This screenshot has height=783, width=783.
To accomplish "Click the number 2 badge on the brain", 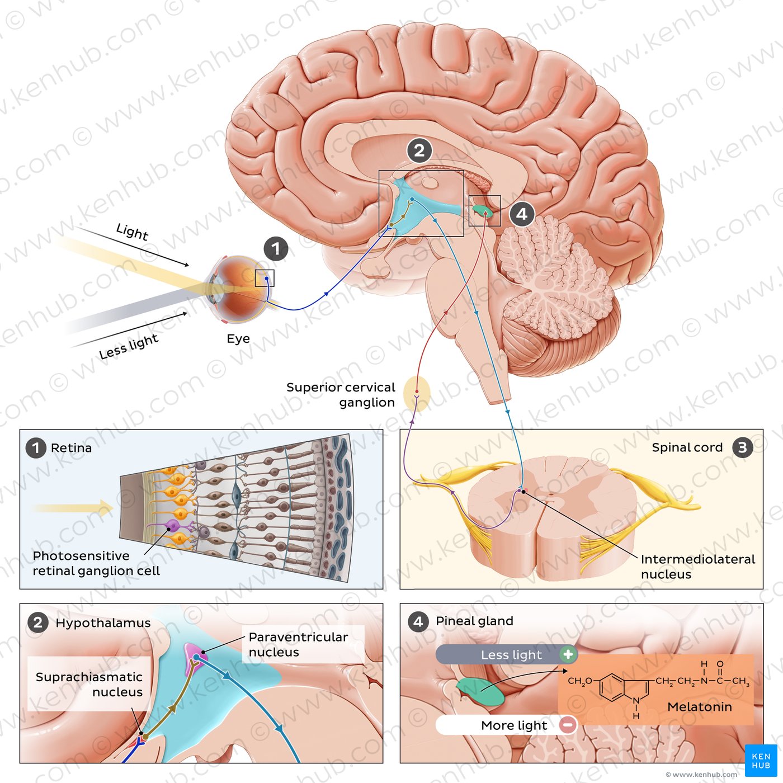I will coord(419,150).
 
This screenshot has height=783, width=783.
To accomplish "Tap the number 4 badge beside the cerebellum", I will coord(522,214).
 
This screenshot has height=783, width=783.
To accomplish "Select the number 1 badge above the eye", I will coord(276,249).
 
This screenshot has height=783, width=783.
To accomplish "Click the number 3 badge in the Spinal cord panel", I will coord(742,447).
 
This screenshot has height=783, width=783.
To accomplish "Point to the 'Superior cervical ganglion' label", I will coord(341,395).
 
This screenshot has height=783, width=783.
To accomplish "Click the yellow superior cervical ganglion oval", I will coord(417,394).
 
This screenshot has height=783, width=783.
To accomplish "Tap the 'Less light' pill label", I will coord(511,655).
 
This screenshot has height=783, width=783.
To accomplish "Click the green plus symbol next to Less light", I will coord(568,654).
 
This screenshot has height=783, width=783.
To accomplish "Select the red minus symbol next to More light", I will coord(568,725).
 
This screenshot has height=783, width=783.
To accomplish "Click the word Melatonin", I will coord(700,707).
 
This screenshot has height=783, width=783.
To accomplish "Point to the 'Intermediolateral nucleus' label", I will coord(697,567).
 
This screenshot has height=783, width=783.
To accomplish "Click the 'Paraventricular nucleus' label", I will coord(298,644).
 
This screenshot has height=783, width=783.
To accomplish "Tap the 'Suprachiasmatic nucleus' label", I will coord(89,685).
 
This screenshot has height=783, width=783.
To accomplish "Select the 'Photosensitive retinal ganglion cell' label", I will coord(96,563).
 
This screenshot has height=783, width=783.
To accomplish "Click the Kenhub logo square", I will coord(761,761).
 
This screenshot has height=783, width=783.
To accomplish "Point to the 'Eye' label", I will coord(238,339).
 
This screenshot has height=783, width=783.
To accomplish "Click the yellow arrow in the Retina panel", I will coord(73,508).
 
